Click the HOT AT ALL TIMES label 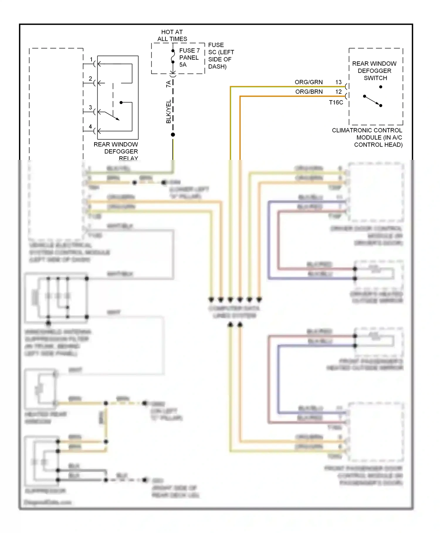(x=172, y=36)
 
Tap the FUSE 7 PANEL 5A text (x=189, y=58)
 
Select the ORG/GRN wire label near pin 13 (x=309, y=82)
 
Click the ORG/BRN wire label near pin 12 (x=309, y=92)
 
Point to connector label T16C (x=336, y=103)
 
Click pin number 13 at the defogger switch (x=339, y=82)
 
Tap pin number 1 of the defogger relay (x=91, y=59)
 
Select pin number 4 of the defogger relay (x=90, y=127)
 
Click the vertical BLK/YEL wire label (x=169, y=112)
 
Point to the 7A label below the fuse (x=168, y=84)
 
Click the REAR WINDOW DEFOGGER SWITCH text (x=375, y=71)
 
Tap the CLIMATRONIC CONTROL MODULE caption (x=367, y=138)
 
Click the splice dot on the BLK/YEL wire (x=173, y=135)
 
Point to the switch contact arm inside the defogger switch (x=373, y=101)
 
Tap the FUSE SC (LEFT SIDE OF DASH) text (x=221, y=56)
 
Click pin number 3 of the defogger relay (x=90, y=108)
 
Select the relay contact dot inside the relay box (x=121, y=103)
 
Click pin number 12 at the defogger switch (x=339, y=92)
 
